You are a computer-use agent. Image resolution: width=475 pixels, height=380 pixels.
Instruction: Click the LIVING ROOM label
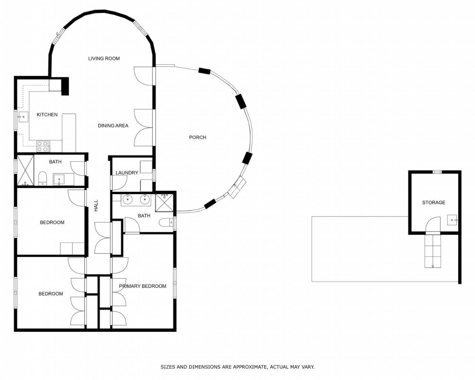[104, 59]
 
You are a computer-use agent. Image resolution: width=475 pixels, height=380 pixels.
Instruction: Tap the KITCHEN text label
[47, 115]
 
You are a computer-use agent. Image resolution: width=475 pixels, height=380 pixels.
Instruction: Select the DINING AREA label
[113, 126]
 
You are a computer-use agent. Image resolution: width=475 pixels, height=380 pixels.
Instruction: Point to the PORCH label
[197, 137]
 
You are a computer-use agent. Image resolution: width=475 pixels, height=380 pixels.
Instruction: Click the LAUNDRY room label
[127, 173]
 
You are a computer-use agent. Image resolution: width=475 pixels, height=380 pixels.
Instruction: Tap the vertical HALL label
[96, 206]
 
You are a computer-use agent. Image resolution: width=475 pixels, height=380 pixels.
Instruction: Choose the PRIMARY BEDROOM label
[142, 286]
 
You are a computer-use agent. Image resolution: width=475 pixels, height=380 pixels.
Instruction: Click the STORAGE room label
[434, 203]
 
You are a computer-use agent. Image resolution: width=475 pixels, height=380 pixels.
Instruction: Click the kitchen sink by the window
[23, 117]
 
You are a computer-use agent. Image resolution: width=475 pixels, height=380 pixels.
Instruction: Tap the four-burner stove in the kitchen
[43, 146]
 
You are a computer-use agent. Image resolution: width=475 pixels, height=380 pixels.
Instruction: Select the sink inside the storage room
[452, 220]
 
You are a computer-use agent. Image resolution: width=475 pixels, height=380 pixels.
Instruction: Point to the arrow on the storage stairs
[433, 266]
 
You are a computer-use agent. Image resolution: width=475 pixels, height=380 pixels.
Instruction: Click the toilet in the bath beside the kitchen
[43, 178]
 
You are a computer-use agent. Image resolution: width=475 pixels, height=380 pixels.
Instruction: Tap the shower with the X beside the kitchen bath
[25, 170]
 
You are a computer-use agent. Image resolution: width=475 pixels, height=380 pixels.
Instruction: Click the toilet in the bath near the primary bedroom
[166, 223]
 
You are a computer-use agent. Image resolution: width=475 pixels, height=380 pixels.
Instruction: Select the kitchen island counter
[69, 133]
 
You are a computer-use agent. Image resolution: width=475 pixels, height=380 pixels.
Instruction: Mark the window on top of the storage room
[437, 172]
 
